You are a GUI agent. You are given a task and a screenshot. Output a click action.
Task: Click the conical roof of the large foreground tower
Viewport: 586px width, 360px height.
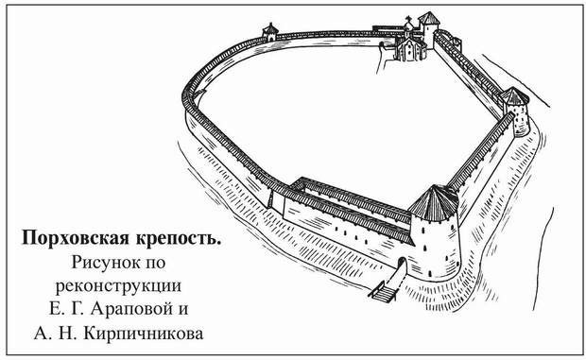[x=436, y=201]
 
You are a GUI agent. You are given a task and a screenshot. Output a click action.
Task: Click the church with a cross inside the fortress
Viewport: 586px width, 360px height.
[x=408, y=43]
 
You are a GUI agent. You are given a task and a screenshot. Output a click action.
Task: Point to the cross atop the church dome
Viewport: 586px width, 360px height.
[x=408, y=20]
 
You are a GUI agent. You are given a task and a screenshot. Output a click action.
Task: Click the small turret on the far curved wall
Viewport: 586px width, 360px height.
[x=270, y=30]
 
